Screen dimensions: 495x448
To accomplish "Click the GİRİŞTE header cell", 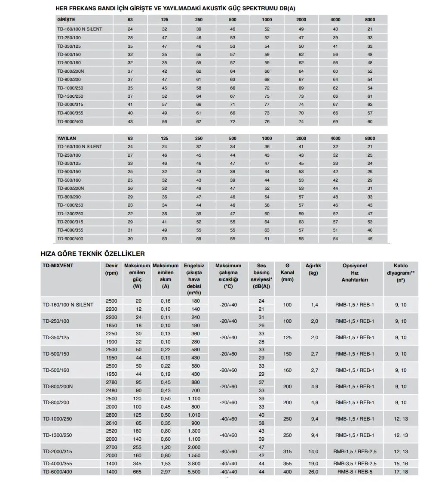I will click(66, 20).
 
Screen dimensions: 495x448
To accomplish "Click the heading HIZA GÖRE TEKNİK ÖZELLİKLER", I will click(92, 254).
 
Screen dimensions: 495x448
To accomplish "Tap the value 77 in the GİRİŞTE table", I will click(267, 105).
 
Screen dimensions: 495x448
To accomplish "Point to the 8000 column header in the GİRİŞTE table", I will click(370, 20).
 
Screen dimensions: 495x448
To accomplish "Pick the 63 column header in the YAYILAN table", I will click(130, 139).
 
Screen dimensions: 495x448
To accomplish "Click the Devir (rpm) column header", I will click(111, 269).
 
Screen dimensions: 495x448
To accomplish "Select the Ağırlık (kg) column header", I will click(313, 269).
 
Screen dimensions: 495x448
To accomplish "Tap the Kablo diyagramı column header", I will click(401, 273).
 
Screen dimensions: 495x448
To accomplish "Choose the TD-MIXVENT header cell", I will click(58, 266).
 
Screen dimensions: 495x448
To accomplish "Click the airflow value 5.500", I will click(194, 472).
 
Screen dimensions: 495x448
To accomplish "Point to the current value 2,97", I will click(166, 472).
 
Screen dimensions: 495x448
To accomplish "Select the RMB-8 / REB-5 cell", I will click(355, 472).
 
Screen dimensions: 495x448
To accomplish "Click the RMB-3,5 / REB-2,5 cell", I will click(355, 464).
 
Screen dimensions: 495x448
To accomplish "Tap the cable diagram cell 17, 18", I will click(401, 472).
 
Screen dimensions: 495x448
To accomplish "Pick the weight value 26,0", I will click(313, 472).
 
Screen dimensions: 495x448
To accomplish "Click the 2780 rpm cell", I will click(111, 382).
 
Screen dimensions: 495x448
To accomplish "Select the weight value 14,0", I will click(313, 452).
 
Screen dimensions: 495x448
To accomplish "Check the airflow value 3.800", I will click(194, 464).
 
